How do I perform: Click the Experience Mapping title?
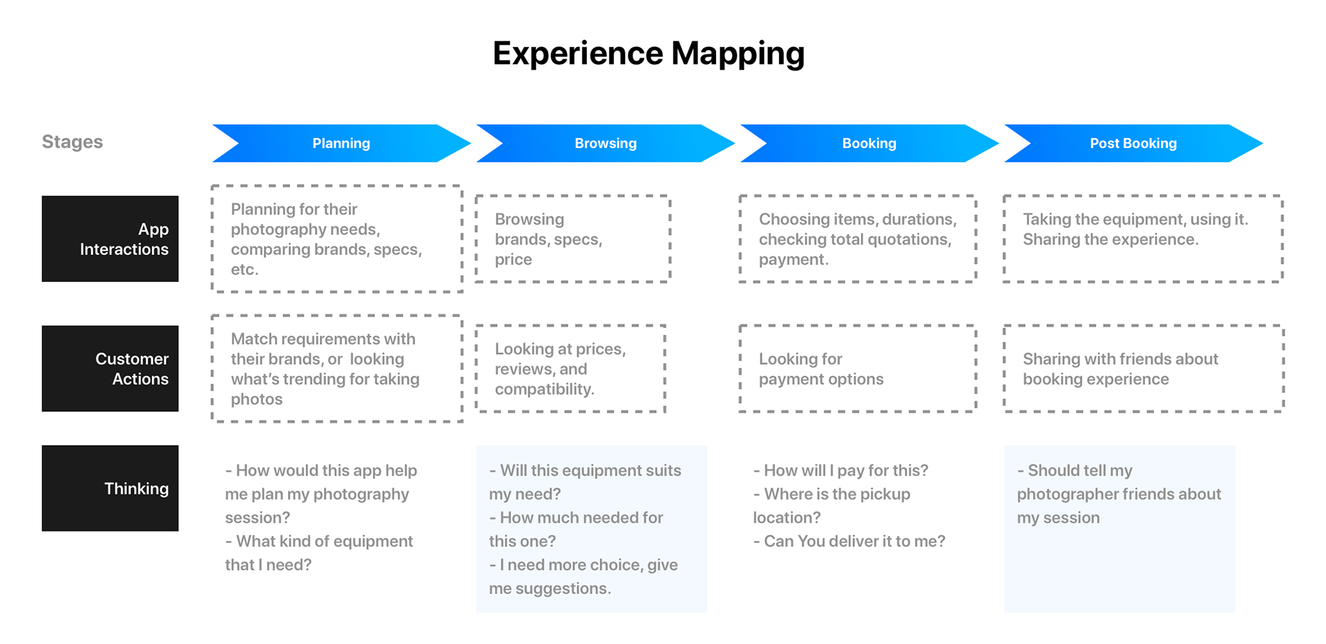648,54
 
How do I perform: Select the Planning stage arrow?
341,143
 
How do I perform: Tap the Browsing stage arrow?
606,143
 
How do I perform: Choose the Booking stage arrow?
869,143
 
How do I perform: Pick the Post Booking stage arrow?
1133,143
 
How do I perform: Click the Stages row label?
73,142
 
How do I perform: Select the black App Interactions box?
110,238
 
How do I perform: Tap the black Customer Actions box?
110,368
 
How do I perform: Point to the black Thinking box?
110,488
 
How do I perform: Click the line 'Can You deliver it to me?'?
849,541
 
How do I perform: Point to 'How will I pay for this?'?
841,471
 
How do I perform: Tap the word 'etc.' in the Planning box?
244,269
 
